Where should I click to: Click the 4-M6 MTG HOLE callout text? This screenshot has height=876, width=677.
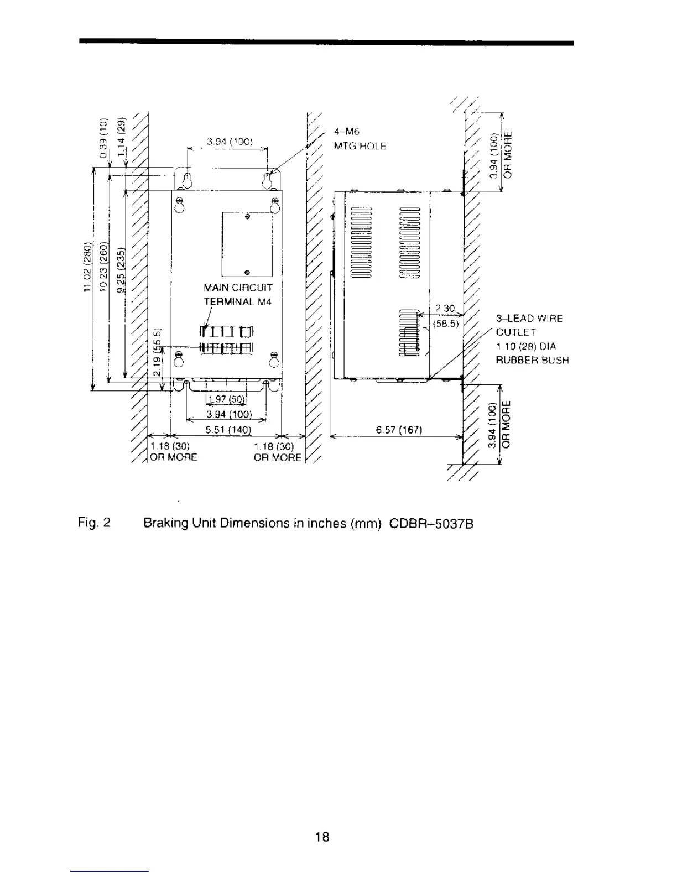click(360, 139)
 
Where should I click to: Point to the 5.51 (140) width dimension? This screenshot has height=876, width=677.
click(228, 430)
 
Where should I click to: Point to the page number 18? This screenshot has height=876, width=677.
click(322, 837)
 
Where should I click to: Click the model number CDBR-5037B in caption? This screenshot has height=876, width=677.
click(431, 523)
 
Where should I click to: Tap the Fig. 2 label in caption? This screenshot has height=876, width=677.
click(94, 523)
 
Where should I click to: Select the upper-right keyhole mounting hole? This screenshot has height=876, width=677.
click(268, 180)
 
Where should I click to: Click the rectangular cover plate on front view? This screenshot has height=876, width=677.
click(247, 244)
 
